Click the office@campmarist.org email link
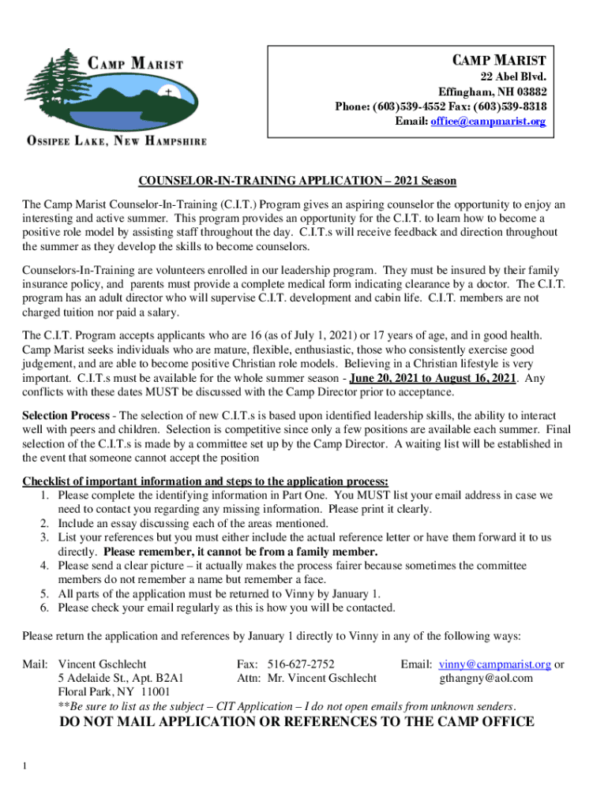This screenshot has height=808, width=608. [x=487, y=122]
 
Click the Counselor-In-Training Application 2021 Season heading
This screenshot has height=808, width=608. [x=298, y=181]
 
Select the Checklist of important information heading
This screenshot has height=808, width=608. [x=205, y=481]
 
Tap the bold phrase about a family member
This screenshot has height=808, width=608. [x=241, y=552]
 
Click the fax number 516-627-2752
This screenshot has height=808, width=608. [x=301, y=664]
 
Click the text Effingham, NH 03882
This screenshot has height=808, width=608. [x=493, y=92]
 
